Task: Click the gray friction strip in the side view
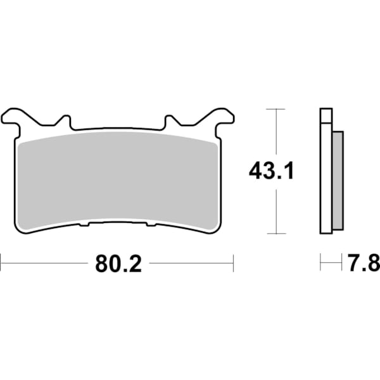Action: pos(338,180)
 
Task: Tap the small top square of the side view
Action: pos(326,117)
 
